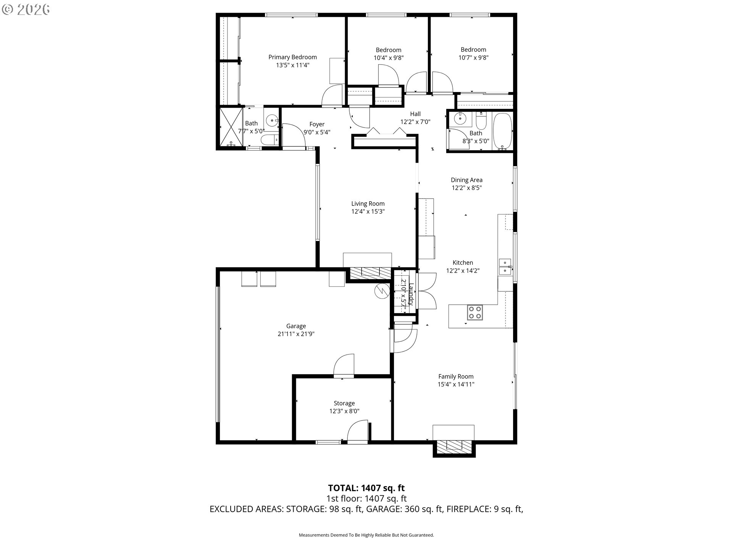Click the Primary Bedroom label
(x=292, y=57)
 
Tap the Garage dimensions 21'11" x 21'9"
(x=296, y=334)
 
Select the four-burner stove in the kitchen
(x=475, y=312)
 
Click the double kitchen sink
(x=505, y=266)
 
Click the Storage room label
(x=344, y=403)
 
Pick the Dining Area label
(x=467, y=180)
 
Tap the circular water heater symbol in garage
(x=381, y=291)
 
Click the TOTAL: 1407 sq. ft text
(x=366, y=488)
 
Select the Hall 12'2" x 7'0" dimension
(x=415, y=122)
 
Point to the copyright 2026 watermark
(x=26, y=9)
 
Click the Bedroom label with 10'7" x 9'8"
(x=473, y=50)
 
